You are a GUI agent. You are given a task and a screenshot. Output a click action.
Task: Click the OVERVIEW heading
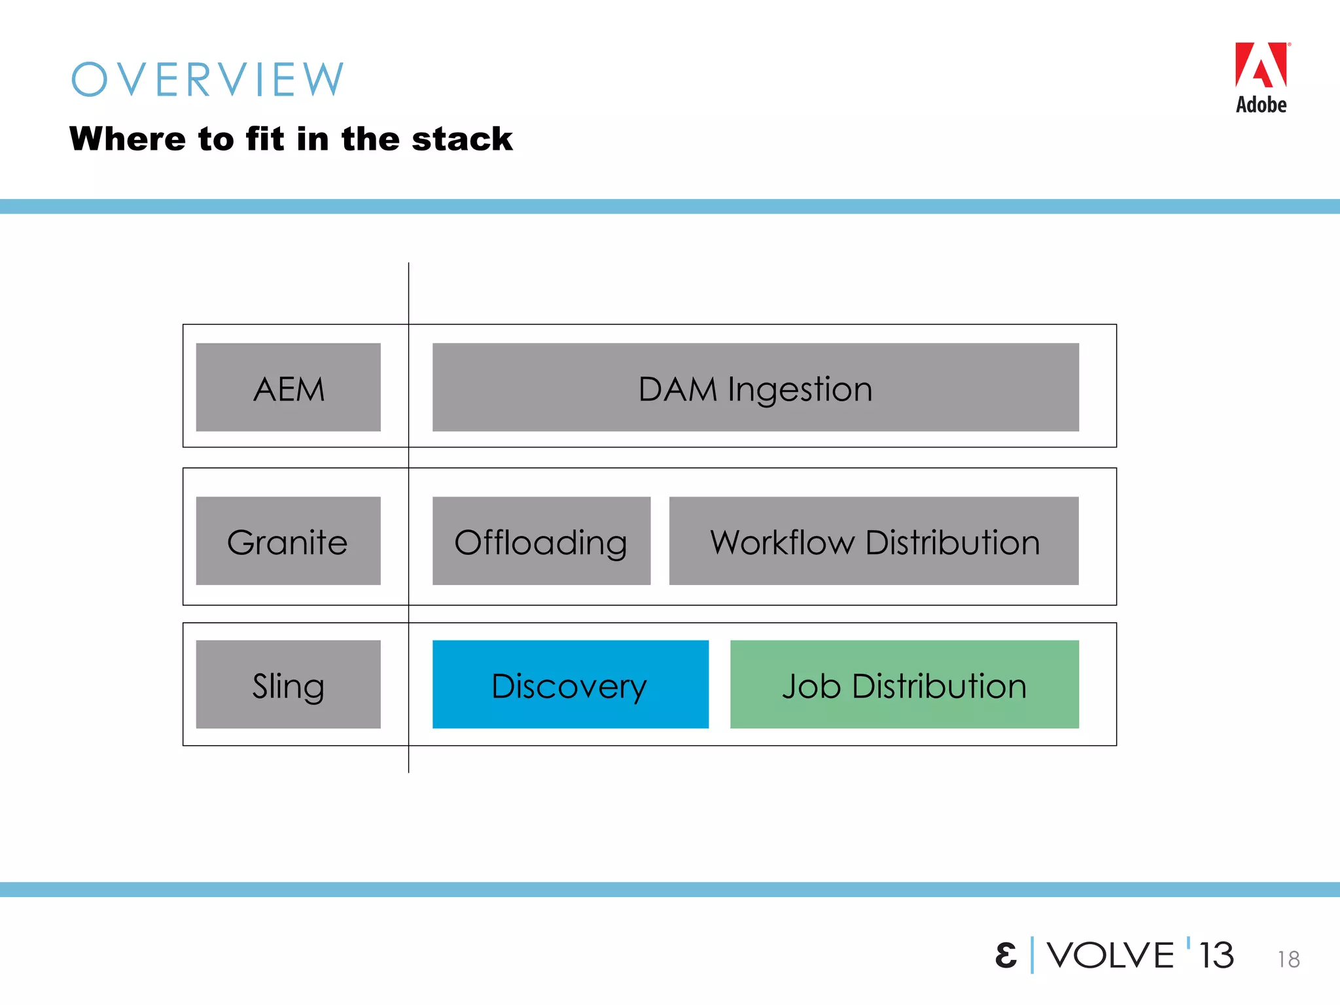[x=207, y=80]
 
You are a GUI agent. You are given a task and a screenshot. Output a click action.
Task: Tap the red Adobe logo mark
[x=1261, y=65]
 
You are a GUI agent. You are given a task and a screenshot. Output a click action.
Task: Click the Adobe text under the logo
[x=1261, y=105]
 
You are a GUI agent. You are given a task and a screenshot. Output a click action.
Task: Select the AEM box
[x=288, y=387]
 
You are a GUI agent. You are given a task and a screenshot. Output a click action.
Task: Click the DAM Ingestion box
[x=755, y=387]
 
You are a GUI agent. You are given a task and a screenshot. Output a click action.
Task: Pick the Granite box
[x=288, y=541]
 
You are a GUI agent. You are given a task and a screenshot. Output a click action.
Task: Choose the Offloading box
[x=541, y=541]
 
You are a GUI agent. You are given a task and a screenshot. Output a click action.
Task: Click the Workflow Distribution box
[x=873, y=541]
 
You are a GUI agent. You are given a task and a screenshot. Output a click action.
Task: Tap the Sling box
[x=288, y=684]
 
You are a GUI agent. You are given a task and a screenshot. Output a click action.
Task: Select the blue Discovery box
[x=570, y=684]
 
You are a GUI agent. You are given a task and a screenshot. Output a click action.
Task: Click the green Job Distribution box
[x=904, y=684]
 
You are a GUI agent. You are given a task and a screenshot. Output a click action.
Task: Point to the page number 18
[x=1288, y=959]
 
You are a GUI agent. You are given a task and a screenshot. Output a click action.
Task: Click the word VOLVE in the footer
[x=1110, y=955]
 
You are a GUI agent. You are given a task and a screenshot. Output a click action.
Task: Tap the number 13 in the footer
[x=1216, y=955]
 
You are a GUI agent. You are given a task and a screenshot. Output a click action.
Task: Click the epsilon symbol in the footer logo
[x=1006, y=955]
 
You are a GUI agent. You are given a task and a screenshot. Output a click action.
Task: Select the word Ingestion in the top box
[x=800, y=390]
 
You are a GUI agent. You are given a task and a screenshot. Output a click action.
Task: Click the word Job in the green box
[x=811, y=686]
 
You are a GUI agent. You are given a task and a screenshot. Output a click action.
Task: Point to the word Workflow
[x=783, y=542]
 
